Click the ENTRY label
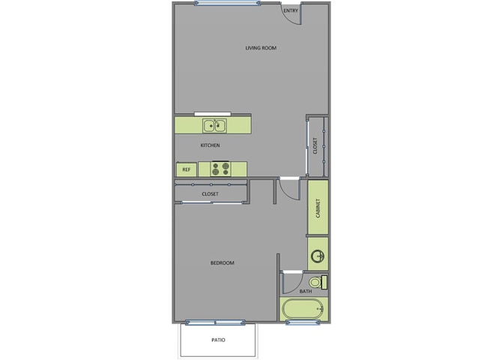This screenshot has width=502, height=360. click(x=291, y=10)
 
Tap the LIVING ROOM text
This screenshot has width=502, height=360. click(x=261, y=48)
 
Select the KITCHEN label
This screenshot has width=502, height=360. click(x=210, y=145)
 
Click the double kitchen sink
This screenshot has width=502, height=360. click(x=212, y=124)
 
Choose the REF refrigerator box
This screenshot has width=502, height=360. click(x=187, y=169)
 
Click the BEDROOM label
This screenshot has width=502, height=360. click(x=222, y=262)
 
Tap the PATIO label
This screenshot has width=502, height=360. click(x=217, y=340)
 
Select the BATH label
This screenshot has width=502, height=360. click(x=305, y=291)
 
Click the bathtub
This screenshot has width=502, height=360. click(x=303, y=308)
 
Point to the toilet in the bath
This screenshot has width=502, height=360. click(x=317, y=282)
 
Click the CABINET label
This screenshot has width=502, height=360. click(x=318, y=208)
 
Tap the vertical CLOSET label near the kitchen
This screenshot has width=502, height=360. click(x=315, y=145)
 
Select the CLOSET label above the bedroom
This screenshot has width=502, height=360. click(x=210, y=194)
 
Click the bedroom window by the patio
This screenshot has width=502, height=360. click(x=215, y=322)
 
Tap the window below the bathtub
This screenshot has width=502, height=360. click(x=303, y=322)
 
